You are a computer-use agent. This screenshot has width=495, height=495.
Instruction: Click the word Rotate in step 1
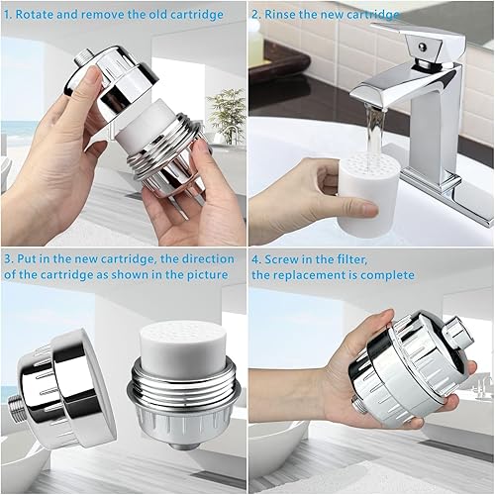point(34,14)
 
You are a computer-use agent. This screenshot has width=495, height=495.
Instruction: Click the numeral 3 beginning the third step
point(8,259)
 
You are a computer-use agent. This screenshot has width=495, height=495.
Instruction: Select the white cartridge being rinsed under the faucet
point(367,191)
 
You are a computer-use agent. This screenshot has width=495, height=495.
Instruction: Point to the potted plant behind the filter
point(225,114)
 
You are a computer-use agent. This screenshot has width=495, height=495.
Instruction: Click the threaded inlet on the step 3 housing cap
point(17,409)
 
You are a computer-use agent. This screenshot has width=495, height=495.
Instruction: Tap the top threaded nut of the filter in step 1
point(82,58)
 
